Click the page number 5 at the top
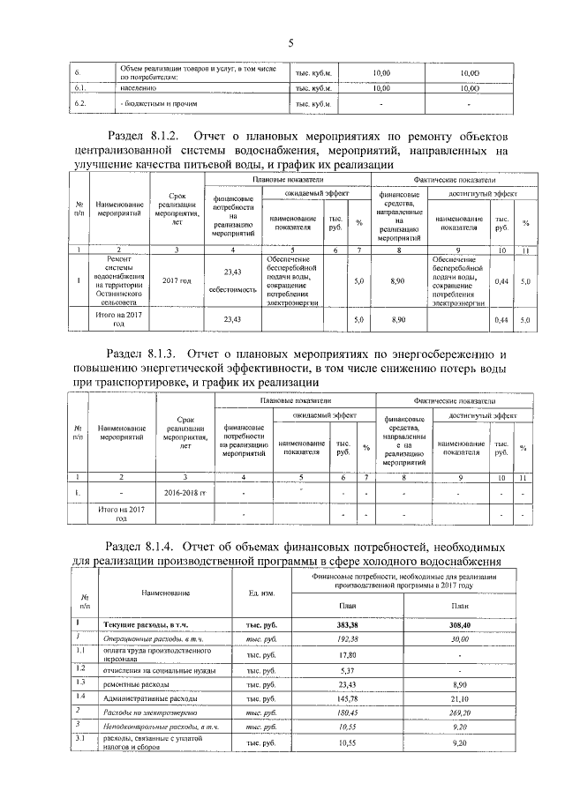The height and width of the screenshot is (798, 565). tap(289, 42)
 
